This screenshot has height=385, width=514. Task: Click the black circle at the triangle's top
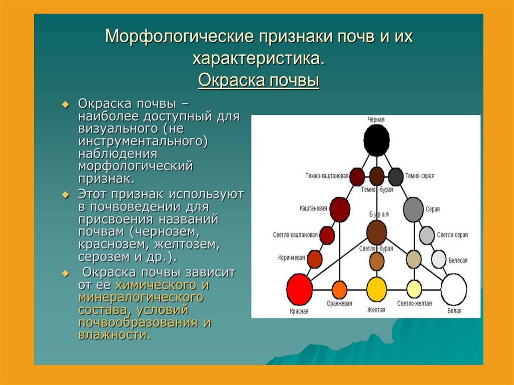tap(376, 141)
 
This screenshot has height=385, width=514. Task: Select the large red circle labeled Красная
tap(299, 290)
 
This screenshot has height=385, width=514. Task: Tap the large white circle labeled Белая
tap(453, 290)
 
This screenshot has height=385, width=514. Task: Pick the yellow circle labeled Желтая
tap(376, 290)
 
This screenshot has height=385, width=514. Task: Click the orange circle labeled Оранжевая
tap(339, 290)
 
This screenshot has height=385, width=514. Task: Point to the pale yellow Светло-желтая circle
tap(414, 289)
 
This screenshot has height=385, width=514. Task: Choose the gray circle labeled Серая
tap(414, 209)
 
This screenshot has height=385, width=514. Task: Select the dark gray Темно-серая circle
tap(396, 177)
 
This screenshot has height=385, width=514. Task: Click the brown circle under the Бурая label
tap(376, 232)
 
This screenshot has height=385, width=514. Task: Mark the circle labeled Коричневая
tap(314, 259)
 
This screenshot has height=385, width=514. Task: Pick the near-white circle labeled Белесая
tap(439, 259)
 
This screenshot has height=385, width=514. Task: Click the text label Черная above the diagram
tap(376, 119)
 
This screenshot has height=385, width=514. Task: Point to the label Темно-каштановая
tap(327, 176)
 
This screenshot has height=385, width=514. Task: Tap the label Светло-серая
tap(452, 234)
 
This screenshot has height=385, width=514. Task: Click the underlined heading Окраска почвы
tap(259, 80)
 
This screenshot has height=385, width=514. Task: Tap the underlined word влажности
tap(113, 335)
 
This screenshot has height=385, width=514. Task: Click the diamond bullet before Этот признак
tap(65, 194)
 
